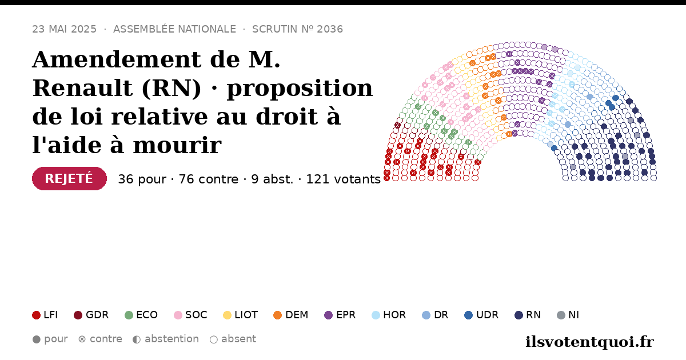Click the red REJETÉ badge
pos(69,178)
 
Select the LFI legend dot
pos(36,315)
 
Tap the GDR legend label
pos(97,315)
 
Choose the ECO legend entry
pos(141,315)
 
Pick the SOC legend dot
pos(178,315)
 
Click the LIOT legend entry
pos(241,315)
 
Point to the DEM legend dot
pos(277,315)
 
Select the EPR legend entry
pos(340,315)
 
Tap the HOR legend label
pos(394,315)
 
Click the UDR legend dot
pos(469,315)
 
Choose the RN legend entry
pos(528,315)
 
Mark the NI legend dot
pos(561,315)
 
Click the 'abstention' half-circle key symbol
pos(137,339)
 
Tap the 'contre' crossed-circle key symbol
pos(82,339)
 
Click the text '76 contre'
pos(208,179)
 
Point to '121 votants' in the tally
pos(344,179)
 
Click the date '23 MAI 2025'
pos(64,29)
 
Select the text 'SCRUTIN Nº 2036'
pos(297,29)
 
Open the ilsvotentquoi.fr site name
pos(590,342)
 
